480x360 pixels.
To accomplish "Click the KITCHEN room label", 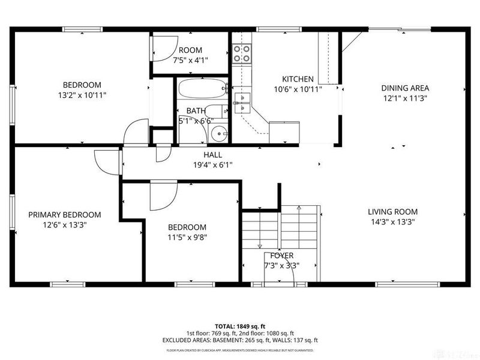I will (x=298, y=79).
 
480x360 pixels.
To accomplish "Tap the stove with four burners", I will (x=242, y=55).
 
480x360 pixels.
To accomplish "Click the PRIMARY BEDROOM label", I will (x=64, y=215).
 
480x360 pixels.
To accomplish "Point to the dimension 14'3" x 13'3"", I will (x=392, y=221).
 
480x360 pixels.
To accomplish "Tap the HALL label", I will (x=213, y=155).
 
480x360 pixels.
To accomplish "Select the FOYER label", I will (x=281, y=256).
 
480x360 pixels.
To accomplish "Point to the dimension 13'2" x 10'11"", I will (x=82, y=95).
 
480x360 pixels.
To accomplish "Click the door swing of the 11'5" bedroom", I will (x=162, y=196).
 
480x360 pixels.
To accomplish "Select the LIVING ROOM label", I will (x=392, y=212).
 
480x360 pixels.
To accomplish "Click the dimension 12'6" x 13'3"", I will (x=64, y=225).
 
